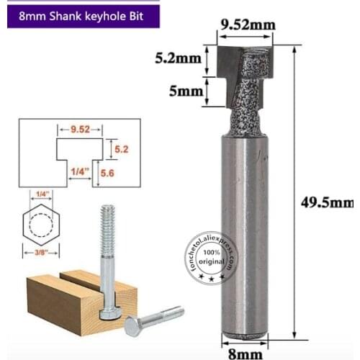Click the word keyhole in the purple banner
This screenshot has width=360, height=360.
tap(118, 14)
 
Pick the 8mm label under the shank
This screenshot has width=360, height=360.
tap(243, 351)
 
